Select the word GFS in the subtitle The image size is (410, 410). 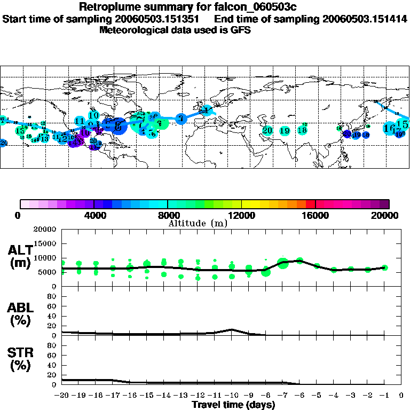[240, 30]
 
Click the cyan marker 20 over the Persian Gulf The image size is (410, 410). [267, 130]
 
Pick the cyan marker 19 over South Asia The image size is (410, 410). [285, 130]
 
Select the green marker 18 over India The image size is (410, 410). [302, 130]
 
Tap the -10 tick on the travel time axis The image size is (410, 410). [231, 396]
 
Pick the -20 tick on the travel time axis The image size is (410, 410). [62, 396]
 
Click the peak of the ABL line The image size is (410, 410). [232, 329]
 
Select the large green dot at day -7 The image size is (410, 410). [283, 263]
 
